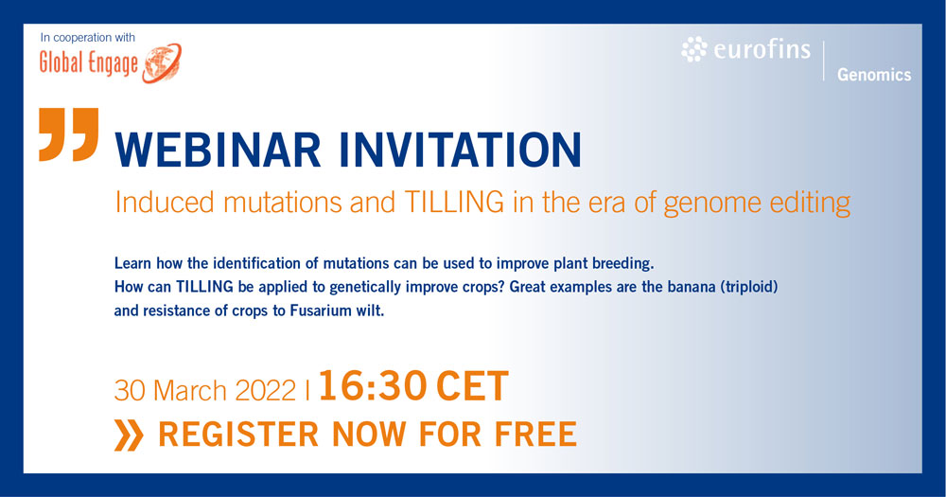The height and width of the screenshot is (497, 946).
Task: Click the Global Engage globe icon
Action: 163,62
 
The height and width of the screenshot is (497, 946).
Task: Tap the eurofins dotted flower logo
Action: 693,49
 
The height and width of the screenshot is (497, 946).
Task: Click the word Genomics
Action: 874,75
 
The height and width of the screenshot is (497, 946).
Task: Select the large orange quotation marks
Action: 69,134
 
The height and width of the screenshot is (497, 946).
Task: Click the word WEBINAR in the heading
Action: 218,150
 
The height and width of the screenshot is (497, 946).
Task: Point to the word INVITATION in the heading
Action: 460,150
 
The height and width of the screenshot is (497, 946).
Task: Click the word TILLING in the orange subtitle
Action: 454,203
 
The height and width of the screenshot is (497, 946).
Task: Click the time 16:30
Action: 373,386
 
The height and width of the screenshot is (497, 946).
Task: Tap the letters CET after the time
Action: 472,386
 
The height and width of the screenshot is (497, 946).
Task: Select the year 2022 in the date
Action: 266,391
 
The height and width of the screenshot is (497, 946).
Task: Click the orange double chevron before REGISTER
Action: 129,435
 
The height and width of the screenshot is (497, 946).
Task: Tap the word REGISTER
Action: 238,435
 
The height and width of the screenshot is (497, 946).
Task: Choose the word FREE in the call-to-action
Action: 535,435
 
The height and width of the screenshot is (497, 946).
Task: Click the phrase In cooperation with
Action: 87,38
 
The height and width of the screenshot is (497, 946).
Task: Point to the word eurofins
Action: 762,49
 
